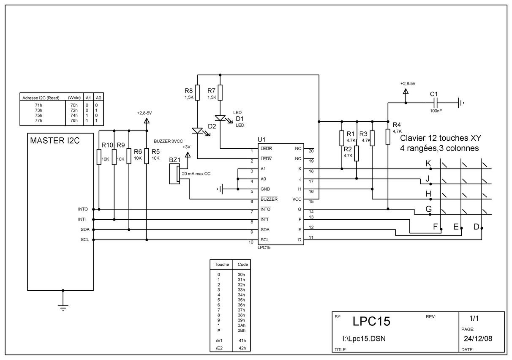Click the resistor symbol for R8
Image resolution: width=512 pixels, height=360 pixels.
(197, 93)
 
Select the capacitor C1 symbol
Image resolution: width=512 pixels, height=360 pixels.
(436, 103)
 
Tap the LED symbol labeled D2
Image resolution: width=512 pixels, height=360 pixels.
(197, 131)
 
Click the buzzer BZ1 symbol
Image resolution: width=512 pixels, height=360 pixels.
(174, 174)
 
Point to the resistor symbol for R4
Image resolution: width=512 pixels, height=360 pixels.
(388, 136)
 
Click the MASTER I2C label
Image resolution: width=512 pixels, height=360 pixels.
(55, 141)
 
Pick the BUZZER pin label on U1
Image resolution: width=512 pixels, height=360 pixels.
(269, 199)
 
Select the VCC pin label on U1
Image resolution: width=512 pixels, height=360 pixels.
(297, 199)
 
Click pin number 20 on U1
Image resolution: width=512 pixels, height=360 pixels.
(311, 151)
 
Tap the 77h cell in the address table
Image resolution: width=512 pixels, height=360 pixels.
(38, 120)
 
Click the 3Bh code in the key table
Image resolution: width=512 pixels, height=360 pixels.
(241, 330)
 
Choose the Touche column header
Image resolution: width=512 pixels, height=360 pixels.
(222, 265)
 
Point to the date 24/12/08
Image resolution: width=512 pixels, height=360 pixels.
(478, 338)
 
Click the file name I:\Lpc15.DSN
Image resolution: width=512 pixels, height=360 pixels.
(364, 338)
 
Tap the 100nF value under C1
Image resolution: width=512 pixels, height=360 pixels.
(436, 111)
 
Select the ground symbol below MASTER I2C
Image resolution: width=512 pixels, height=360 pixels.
(63, 308)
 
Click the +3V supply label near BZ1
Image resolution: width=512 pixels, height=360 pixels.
(186, 147)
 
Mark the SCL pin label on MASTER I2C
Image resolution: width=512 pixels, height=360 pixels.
(84, 240)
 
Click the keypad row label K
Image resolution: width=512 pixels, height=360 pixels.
(428, 164)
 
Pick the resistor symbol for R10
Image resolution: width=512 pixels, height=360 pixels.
(99, 157)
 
